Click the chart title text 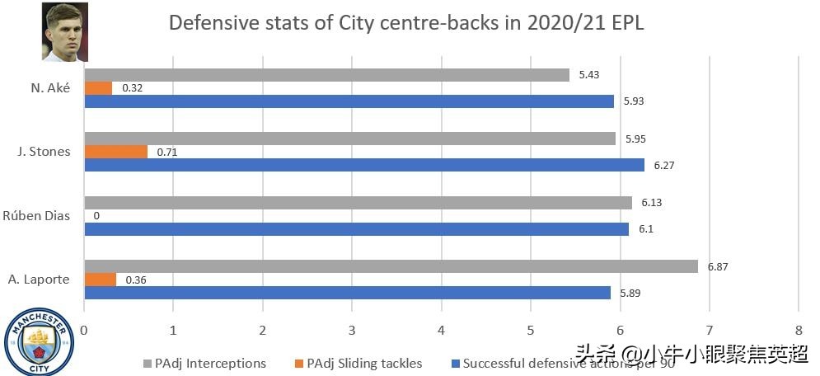[x=406, y=22]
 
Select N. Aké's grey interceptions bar [x=326, y=75]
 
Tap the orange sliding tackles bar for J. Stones [x=116, y=152]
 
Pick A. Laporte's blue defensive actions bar [x=347, y=293]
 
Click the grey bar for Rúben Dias [x=358, y=203]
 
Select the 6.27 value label [x=664, y=165]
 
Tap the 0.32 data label [x=132, y=88]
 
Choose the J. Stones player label [x=43, y=152]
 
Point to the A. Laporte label [x=38, y=280]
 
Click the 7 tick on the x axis [x=710, y=329]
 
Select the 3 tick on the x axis [x=352, y=329]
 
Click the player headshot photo [x=65, y=31]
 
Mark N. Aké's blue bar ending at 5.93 [x=349, y=101]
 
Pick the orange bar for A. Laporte [x=101, y=280]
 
